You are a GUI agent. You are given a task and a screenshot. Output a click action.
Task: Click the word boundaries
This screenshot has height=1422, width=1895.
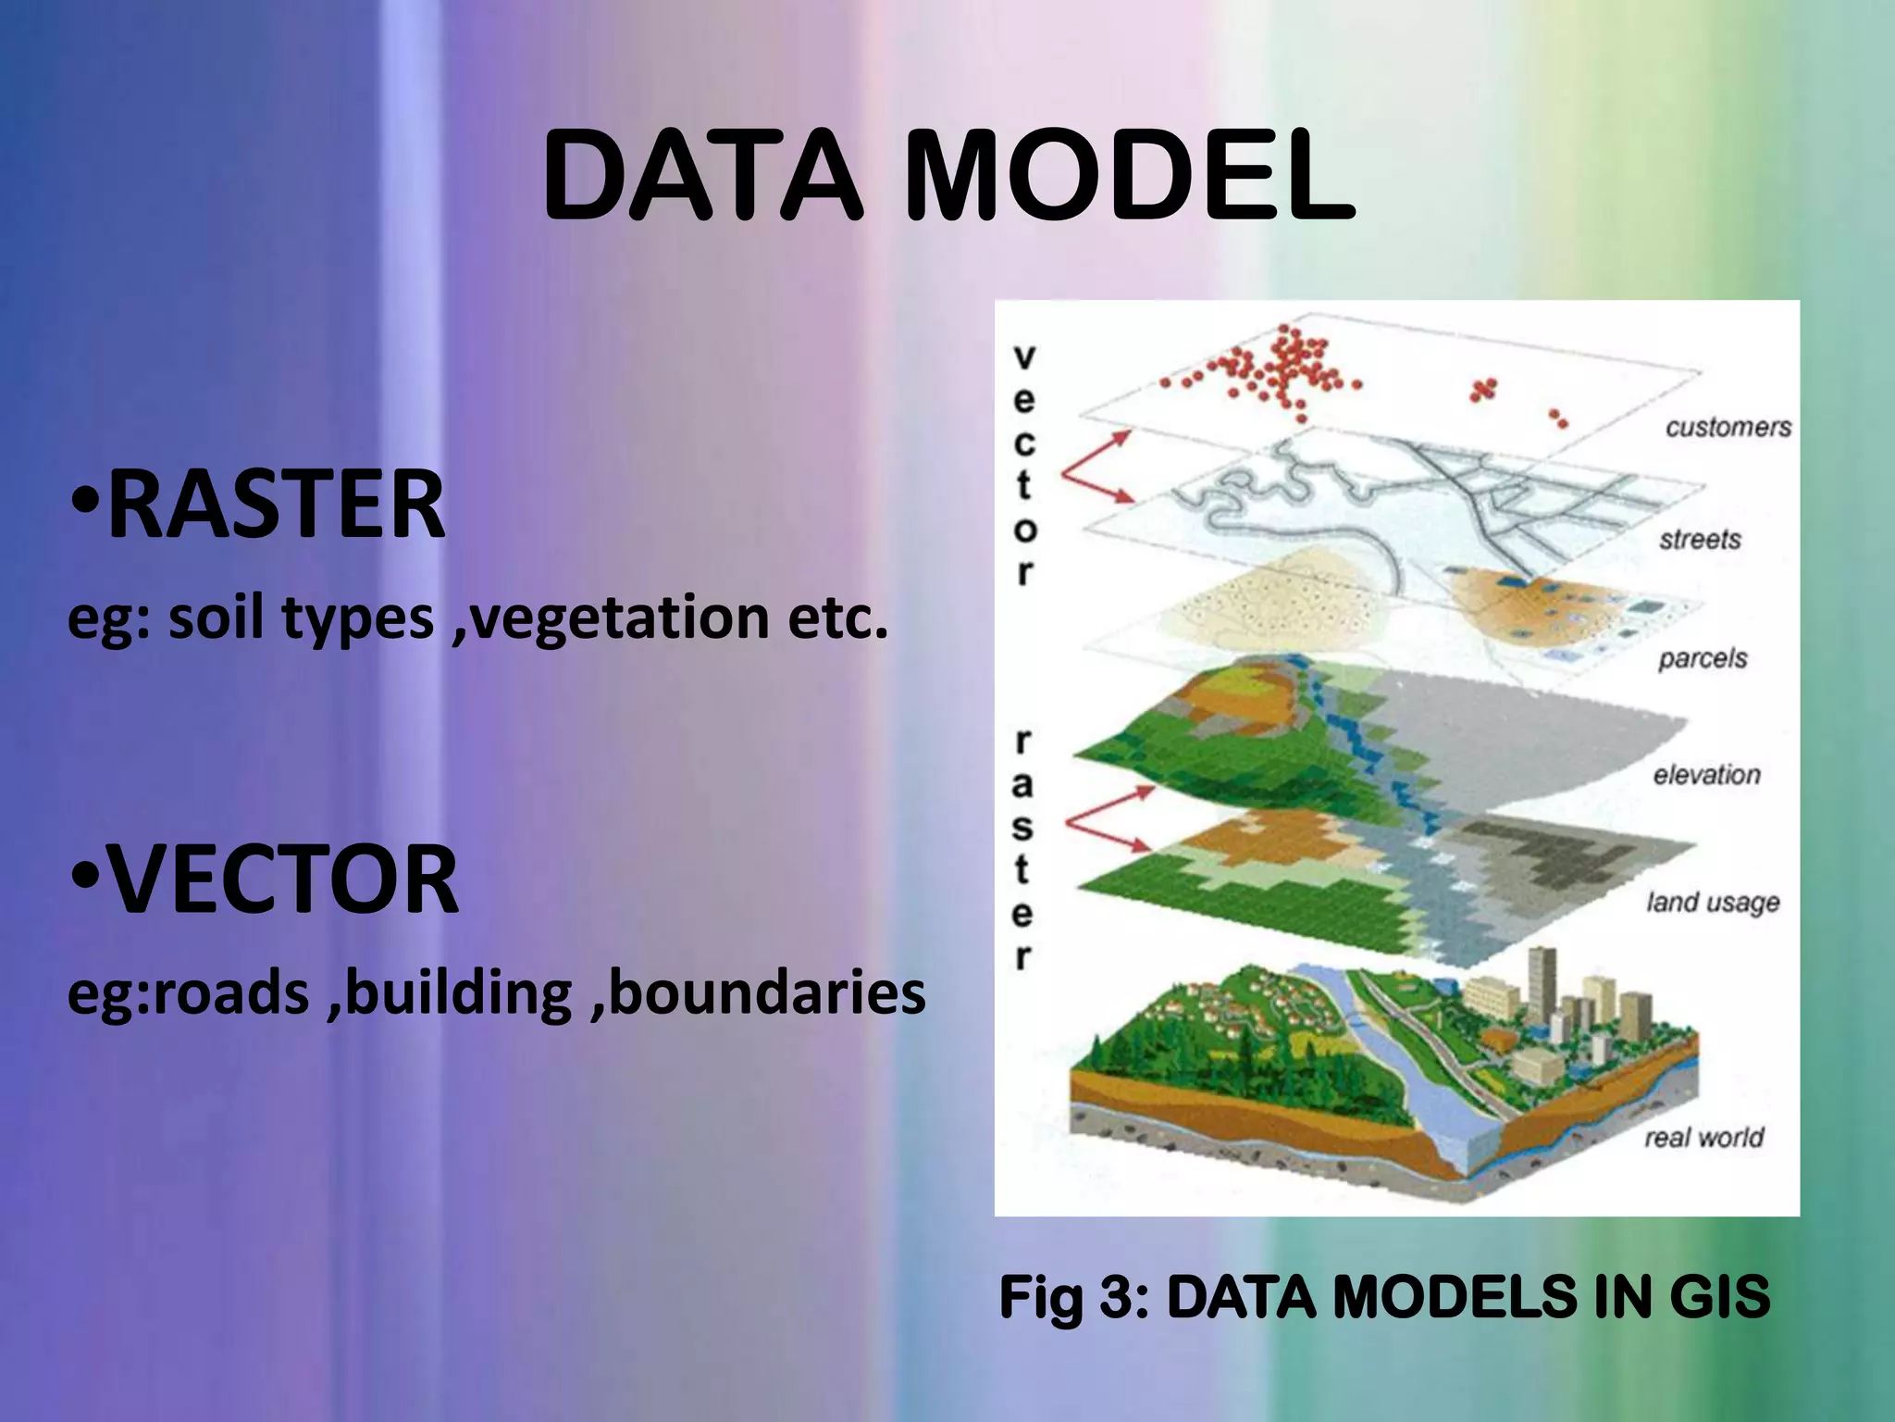[767, 992]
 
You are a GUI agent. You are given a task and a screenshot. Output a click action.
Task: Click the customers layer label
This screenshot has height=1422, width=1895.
[1728, 427]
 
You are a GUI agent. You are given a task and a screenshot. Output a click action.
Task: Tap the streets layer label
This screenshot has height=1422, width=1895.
[1700, 539]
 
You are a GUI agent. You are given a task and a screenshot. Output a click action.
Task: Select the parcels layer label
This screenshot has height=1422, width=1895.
[1703, 658]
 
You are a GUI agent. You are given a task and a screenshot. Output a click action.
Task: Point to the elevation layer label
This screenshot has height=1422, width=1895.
[1706, 774]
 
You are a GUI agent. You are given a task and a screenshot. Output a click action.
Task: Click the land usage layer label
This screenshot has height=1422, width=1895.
[1713, 902]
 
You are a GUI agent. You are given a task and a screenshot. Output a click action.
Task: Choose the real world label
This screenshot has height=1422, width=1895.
[1703, 1137]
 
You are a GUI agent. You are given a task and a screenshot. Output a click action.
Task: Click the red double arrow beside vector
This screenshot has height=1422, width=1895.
[1095, 468]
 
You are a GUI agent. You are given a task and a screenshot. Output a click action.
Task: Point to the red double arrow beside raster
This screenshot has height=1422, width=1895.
[1107, 819]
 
